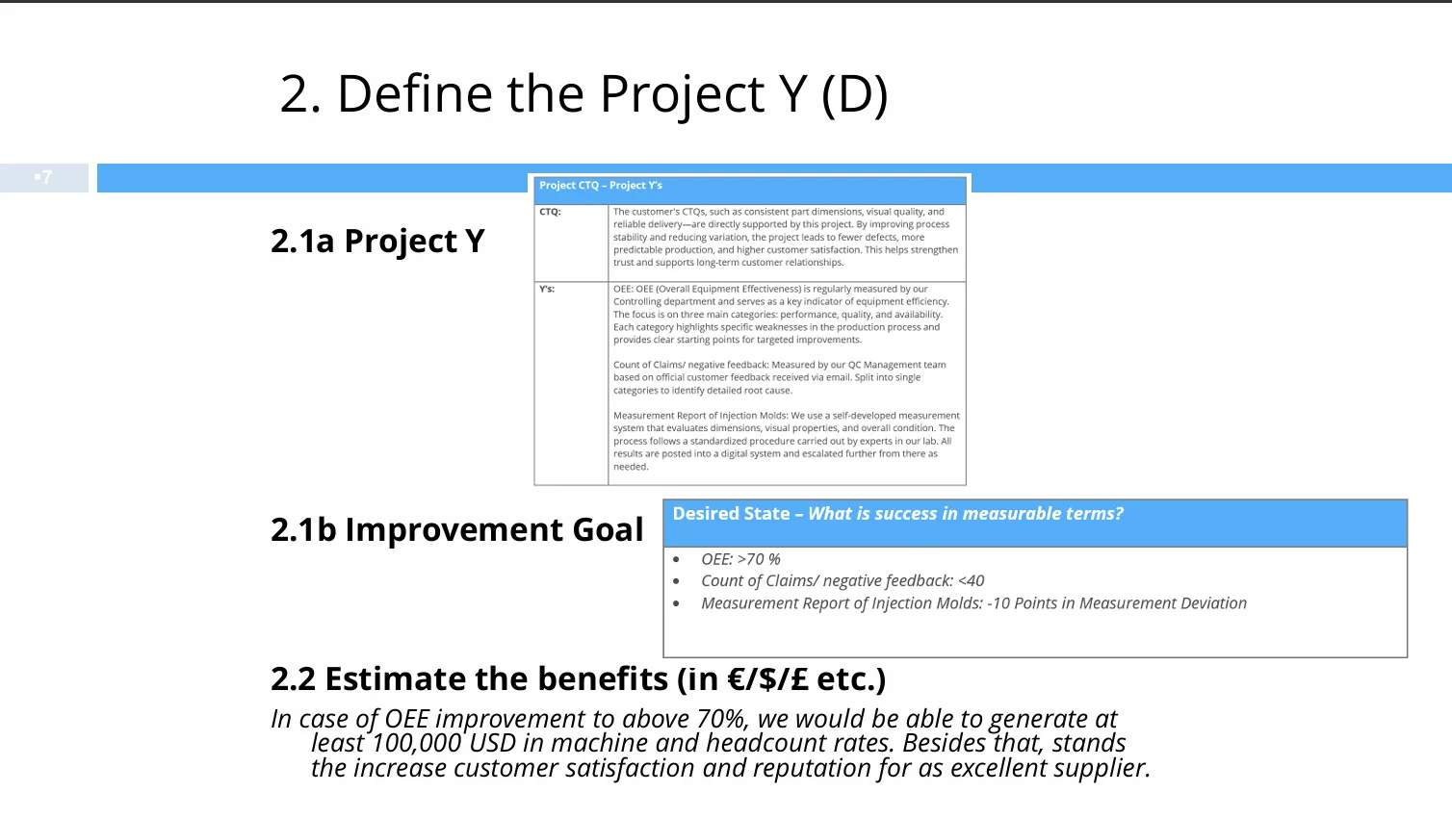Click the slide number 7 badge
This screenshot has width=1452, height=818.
pos(43,177)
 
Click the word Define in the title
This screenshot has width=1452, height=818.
pos(415,94)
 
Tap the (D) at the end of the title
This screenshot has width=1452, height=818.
pos(854,95)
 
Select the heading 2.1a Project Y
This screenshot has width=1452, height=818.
pos(377,241)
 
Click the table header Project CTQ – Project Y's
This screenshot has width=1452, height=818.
pos(601,185)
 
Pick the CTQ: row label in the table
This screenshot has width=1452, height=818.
pos(550,212)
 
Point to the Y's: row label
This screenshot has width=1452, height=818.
pos(547,289)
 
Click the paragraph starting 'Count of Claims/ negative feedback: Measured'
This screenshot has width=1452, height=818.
pos(780,377)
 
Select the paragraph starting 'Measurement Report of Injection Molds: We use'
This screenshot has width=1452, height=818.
pos(787,441)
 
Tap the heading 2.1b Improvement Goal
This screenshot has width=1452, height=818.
pos(457,530)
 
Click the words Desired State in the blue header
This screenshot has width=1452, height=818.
pos(731,514)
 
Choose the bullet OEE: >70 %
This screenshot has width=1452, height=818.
pos(740,559)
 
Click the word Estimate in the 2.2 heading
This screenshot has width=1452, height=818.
pos(395,679)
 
